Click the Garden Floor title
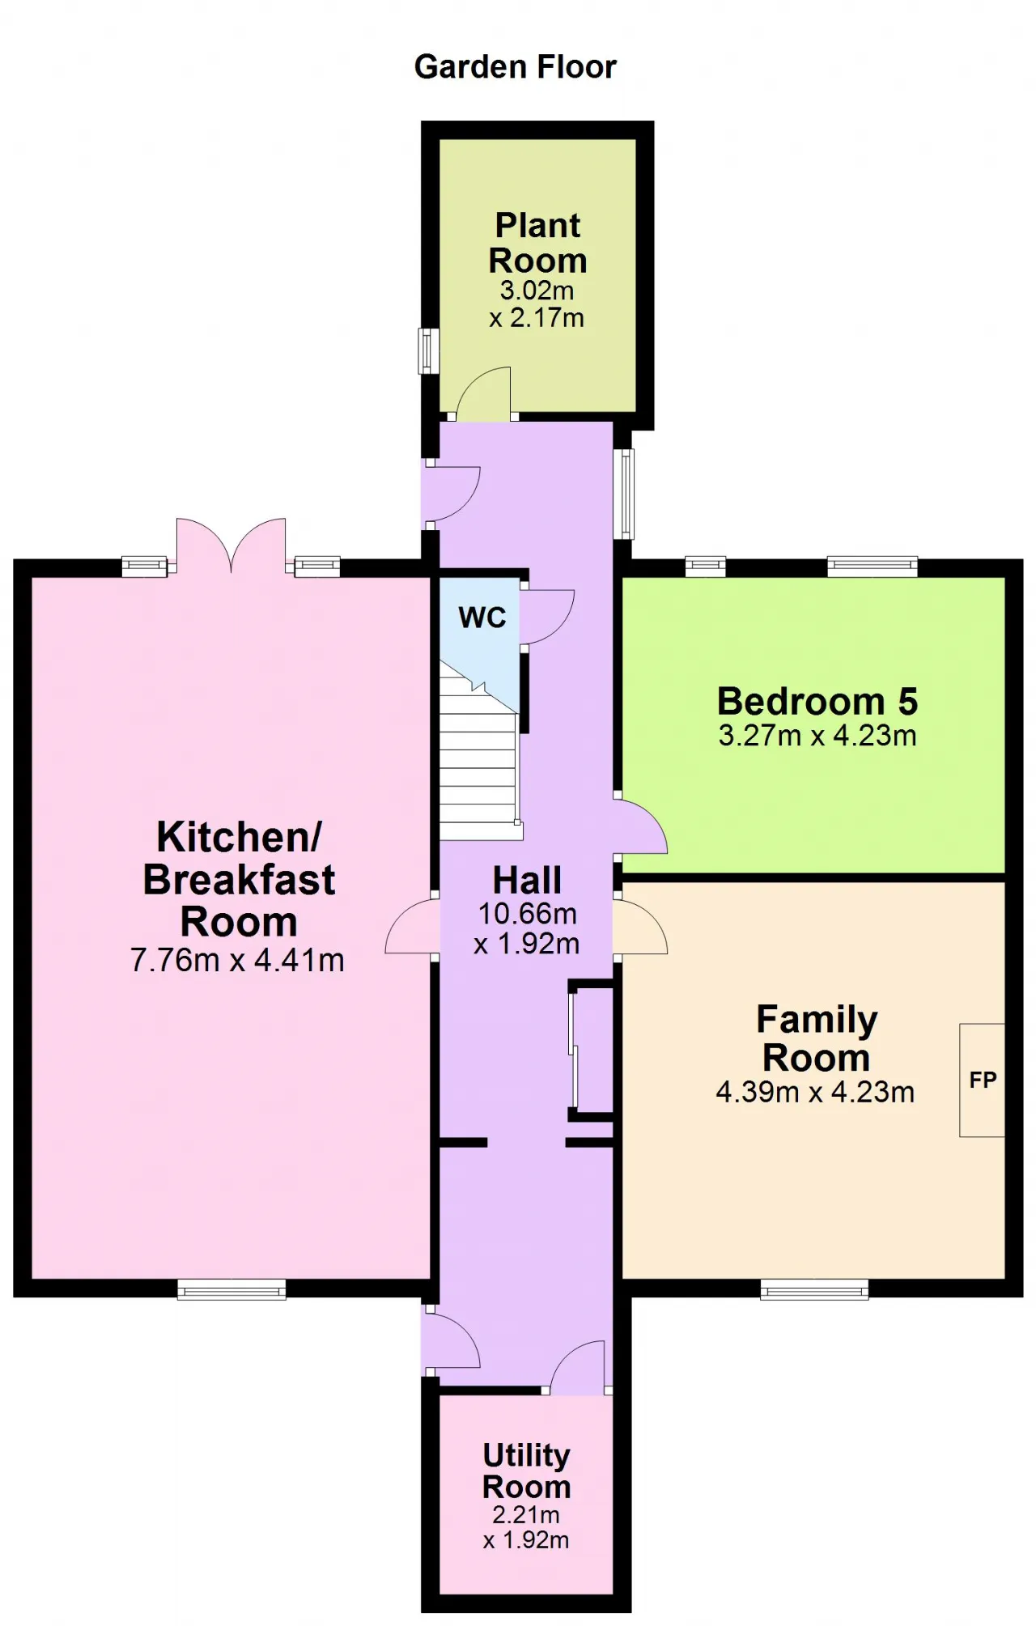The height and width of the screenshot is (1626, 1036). (x=515, y=67)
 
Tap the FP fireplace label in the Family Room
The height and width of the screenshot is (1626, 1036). (x=983, y=1080)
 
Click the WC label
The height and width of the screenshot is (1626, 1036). (x=482, y=618)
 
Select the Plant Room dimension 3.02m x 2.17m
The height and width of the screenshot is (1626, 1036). (x=537, y=304)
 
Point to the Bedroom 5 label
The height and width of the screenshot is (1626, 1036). (x=817, y=701)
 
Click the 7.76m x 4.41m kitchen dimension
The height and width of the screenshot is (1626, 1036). (x=237, y=960)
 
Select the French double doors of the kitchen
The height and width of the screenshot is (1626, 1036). (x=231, y=546)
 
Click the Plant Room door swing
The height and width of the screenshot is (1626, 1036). (x=483, y=393)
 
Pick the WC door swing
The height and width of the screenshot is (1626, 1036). (x=548, y=617)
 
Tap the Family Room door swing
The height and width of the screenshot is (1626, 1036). (x=641, y=927)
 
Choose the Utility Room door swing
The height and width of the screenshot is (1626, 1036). (x=578, y=1367)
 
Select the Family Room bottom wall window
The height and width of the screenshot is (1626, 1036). (x=814, y=1289)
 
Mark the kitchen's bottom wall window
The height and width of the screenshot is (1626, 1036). (x=231, y=1289)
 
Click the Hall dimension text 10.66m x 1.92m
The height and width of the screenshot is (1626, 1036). (x=527, y=928)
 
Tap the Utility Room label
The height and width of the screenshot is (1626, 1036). (x=527, y=1471)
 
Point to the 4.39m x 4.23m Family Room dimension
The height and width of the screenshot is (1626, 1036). (x=815, y=1092)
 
